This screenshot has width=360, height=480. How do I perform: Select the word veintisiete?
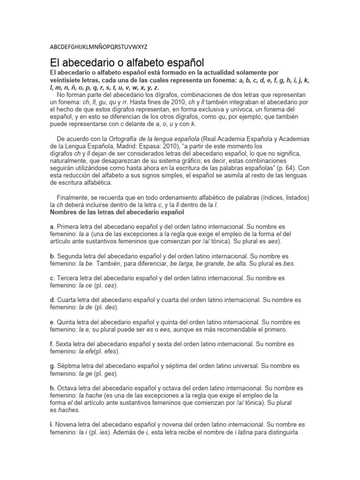tap(68, 80)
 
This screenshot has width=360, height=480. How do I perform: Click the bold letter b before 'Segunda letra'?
tap(52, 256)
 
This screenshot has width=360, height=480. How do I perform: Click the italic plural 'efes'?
tap(112, 352)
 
